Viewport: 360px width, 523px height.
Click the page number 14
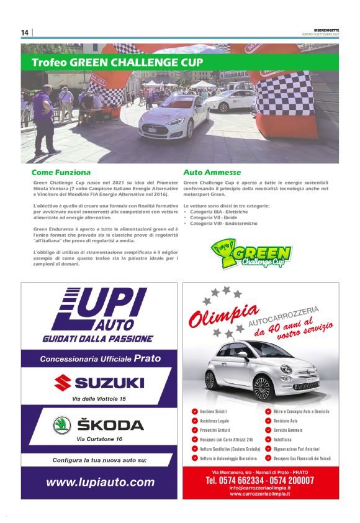pyautogui.click(x=25, y=33)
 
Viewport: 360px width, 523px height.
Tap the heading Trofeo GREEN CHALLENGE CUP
pyautogui.click(x=117, y=63)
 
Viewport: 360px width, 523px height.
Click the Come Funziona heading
pyautogui.click(x=61, y=172)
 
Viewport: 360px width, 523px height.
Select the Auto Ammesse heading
pyautogui.click(x=212, y=172)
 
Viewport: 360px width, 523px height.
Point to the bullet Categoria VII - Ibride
pyautogui.click(x=214, y=217)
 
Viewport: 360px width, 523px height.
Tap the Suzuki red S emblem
pyautogui.click(x=62, y=382)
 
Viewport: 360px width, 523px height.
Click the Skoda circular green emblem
pyautogui.click(x=62, y=425)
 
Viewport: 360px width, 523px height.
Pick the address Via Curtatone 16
pyautogui.click(x=99, y=439)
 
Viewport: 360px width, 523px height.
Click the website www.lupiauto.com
pyautogui.click(x=100, y=482)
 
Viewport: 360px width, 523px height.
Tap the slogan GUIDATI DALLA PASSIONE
pyautogui.click(x=97, y=339)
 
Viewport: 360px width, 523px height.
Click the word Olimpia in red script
pyautogui.click(x=215, y=316)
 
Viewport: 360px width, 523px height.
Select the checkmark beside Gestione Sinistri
pyautogui.click(x=195, y=412)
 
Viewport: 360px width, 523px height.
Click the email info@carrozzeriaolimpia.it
pyautogui.click(x=259, y=488)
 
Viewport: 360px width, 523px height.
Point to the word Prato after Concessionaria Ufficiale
pyautogui.click(x=147, y=358)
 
